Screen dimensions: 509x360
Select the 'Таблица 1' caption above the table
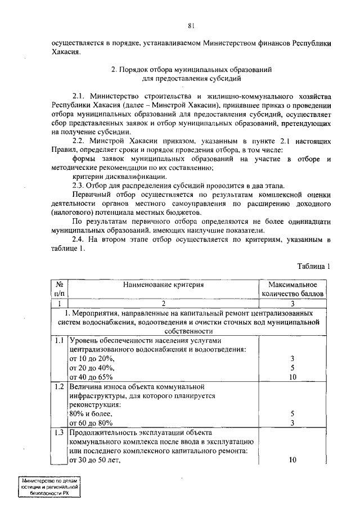click(313, 266)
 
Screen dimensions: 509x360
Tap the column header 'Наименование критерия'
click(163, 285)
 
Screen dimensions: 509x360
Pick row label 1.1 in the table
click(60, 341)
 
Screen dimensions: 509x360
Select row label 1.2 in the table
click(60, 387)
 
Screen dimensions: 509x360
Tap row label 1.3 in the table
click(60, 433)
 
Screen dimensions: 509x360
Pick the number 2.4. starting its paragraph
click(82, 241)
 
